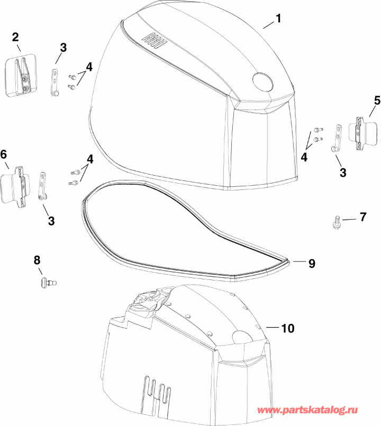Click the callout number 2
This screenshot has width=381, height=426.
tap(15, 37)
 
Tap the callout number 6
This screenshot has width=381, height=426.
tap(4, 155)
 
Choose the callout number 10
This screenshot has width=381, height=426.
tap(287, 328)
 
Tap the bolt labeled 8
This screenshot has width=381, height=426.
tap(47, 283)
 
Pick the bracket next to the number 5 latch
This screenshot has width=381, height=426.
tap(336, 140)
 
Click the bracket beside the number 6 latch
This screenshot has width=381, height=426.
tap(44, 185)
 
